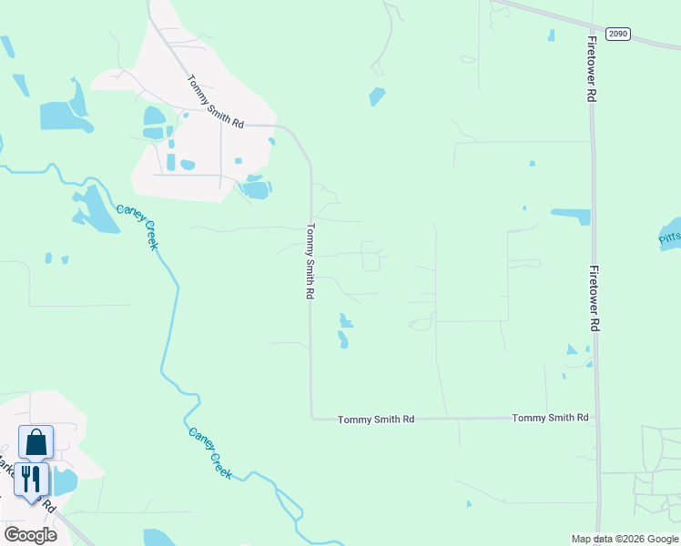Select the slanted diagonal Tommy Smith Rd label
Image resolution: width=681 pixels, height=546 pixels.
216,101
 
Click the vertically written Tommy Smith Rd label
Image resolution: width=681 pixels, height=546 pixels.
310,262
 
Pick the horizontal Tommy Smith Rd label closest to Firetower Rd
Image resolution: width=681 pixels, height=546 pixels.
550,418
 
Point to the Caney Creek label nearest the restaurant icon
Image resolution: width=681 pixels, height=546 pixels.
210,454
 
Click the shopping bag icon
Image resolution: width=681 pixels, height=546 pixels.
36,442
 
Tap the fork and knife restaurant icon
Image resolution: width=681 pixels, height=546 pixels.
31,480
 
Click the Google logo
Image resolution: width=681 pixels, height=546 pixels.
30,535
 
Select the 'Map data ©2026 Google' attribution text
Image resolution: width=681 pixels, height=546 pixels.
625,539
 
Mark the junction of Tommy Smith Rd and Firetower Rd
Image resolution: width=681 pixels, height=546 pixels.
596,418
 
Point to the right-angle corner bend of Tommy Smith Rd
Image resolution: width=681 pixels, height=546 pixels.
311,419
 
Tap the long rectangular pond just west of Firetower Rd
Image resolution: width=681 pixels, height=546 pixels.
571,217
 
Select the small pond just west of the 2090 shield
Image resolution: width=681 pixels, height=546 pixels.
551,35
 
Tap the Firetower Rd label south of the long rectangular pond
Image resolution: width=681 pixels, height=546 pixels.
593,298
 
